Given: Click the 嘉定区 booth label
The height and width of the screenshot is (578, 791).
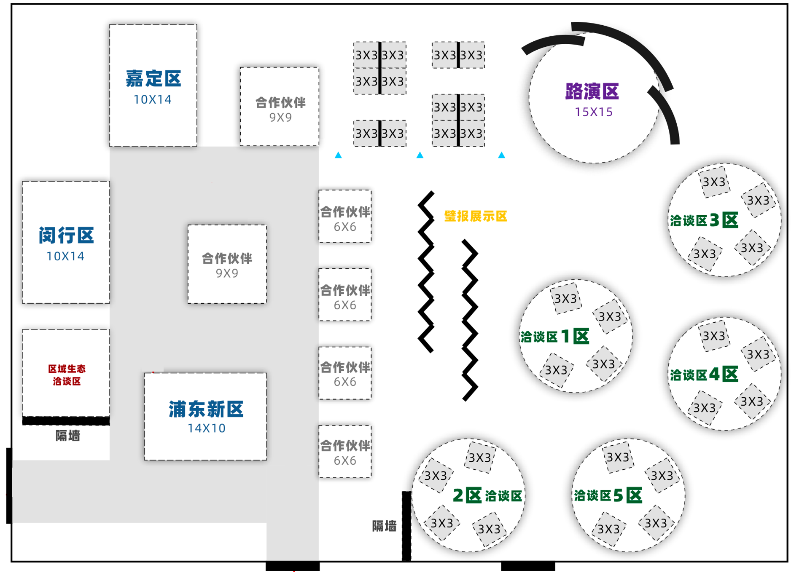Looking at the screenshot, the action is [x=153, y=79].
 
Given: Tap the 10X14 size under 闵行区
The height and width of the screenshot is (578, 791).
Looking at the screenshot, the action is [x=65, y=256].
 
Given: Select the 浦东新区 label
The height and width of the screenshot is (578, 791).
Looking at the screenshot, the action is [x=206, y=409].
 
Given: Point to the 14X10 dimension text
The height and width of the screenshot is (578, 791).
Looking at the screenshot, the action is [x=206, y=428].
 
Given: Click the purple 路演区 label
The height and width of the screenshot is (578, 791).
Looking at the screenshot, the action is [x=592, y=91].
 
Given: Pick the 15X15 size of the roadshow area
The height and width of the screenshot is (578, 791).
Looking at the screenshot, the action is [x=594, y=112].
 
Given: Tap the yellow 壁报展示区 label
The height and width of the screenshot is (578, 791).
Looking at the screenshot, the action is [x=476, y=217].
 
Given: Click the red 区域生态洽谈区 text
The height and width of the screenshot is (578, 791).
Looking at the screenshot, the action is [x=67, y=375].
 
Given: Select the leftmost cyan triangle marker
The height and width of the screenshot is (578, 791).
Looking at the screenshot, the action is [x=338, y=155].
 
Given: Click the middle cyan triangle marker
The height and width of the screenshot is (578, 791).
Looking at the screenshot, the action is [x=420, y=155].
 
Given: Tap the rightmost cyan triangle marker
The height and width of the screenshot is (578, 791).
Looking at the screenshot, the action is [x=502, y=155].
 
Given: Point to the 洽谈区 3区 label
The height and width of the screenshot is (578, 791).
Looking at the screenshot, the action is [x=704, y=220].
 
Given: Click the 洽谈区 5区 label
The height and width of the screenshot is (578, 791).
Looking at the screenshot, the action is [x=608, y=496].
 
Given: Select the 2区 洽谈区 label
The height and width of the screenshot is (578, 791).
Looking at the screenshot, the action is [x=487, y=496].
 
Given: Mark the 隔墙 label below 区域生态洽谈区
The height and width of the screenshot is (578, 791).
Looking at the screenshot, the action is [x=68, y=436].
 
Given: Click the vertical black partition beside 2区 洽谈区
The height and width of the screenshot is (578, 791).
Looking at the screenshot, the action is [x=406, y=526].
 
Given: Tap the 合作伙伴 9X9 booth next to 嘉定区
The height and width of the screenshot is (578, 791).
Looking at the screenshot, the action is [x=280, y=107].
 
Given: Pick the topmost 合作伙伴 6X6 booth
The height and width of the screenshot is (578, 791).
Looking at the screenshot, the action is [x=345, y=217].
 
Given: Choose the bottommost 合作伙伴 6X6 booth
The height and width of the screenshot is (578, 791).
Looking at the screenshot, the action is [x=345, y=452].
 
